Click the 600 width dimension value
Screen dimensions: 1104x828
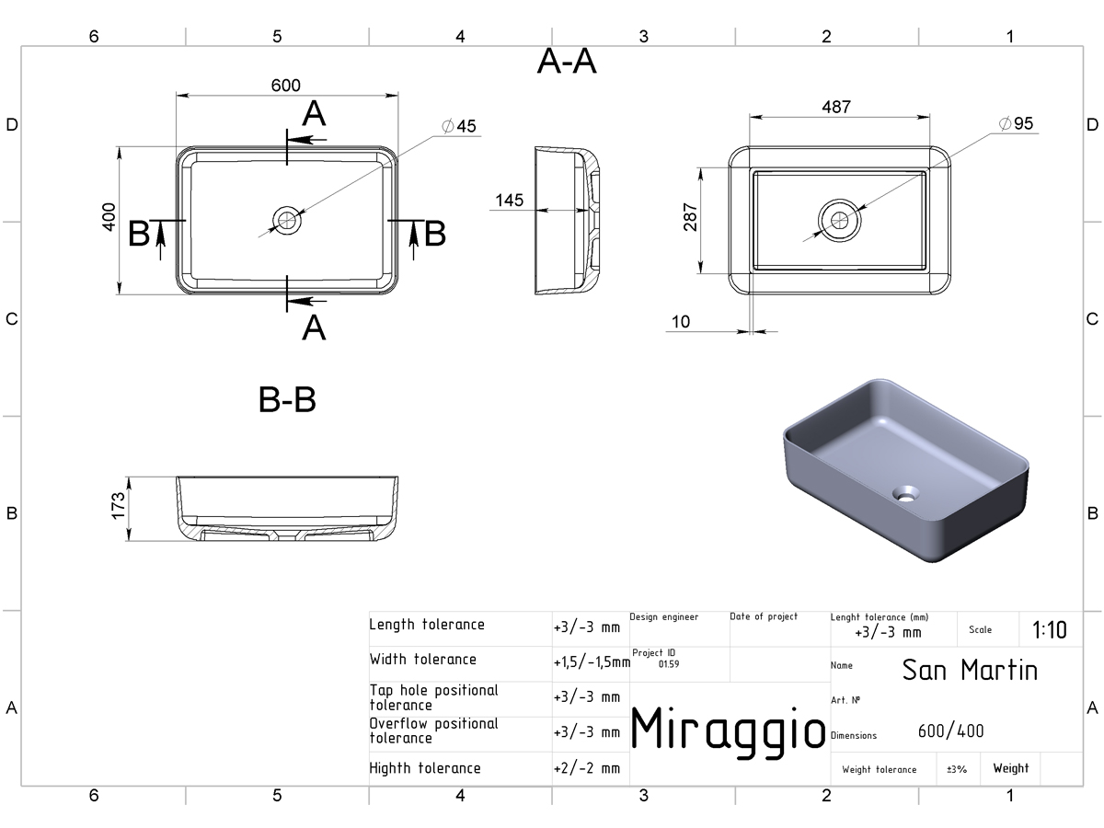pyautogui.click(x=286, y=86)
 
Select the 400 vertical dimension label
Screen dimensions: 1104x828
pyautogui.click(x=109, y=217)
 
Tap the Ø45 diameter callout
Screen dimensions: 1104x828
pyautogui.click(x=459, y=126)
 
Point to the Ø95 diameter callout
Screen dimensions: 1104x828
pyautogui.click(x=1016, y=123)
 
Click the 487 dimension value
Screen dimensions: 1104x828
pyautogui.click(x=836, y=107)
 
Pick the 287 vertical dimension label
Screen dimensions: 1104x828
pyautogui.click(x=691, y=217)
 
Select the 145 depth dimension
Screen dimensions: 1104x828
pyautogui.click(x=510, y=200)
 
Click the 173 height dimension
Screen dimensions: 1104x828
pyautogui.click(x=118, y=506)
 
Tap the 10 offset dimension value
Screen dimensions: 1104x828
pyautogui.click(x=681, y=322)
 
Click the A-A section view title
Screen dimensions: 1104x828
pyautogui.click(x=567, y=62)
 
